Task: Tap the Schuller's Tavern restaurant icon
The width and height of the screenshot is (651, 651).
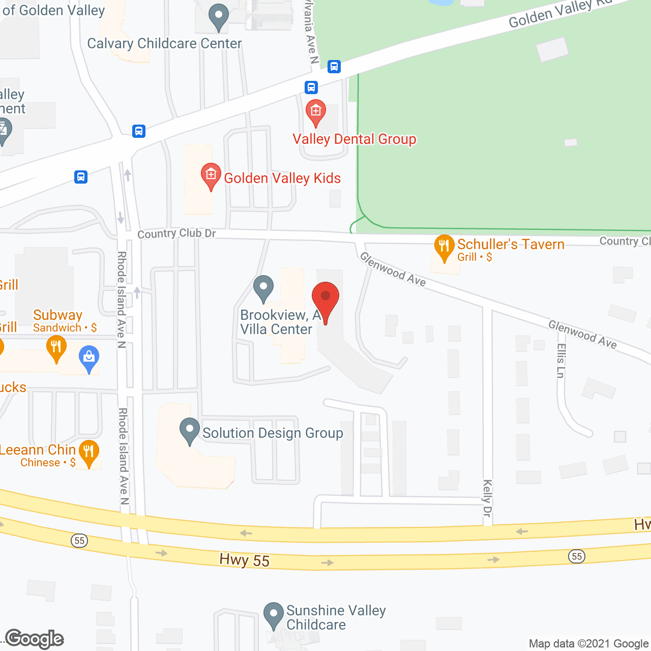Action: [x=444, y=247]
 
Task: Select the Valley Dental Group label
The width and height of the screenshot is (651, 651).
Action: [x=354, y=139]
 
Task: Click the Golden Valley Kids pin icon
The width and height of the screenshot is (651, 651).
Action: [x=211, y=176]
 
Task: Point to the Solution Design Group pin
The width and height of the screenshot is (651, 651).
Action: [x=190, y=431]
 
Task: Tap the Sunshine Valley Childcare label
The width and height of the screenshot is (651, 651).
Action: [x=336, y=617]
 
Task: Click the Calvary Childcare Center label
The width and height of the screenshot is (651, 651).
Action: [x=164, y=44]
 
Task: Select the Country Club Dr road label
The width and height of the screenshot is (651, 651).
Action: [x=176, y=233]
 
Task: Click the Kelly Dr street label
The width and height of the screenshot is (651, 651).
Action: [x=487, y=498]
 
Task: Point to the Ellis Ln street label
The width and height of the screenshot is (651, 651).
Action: [x=560, y=361]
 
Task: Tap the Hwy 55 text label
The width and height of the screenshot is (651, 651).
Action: [x=244, y=560]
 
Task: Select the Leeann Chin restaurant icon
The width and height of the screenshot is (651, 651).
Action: [x=89, y=452]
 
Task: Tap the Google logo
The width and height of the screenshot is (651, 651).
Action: [x=35, y=639]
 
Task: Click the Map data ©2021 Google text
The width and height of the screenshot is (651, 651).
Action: [x=588, y=644]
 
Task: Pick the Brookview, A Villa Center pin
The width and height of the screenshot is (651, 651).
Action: [x=263, y=288]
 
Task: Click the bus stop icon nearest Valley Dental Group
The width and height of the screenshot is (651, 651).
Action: [x=311, y=87]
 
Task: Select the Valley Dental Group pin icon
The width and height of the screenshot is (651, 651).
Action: [x=315, y=112]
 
